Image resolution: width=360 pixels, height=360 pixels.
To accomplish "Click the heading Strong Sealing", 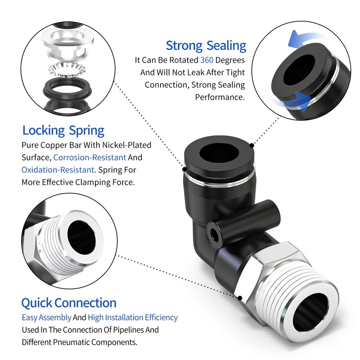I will pyautogui.click(x=206, y=45).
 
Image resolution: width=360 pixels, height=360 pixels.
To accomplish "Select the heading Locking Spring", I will pyautogui.click(x=63, y=131).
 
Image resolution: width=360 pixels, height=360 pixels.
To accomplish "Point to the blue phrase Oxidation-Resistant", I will pyautogui.click(x=58, y=170).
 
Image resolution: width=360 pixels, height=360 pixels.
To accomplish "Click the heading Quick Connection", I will pyautogui.click(x=69, y=302).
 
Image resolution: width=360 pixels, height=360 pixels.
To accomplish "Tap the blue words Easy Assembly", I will pyautogui.click(x=46, y=317).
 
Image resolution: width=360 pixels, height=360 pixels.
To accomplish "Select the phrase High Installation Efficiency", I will pyautogui.click(x=133, y=317).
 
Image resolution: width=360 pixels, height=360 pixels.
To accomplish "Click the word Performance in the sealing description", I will pyautogui.click(x=220, y=97).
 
